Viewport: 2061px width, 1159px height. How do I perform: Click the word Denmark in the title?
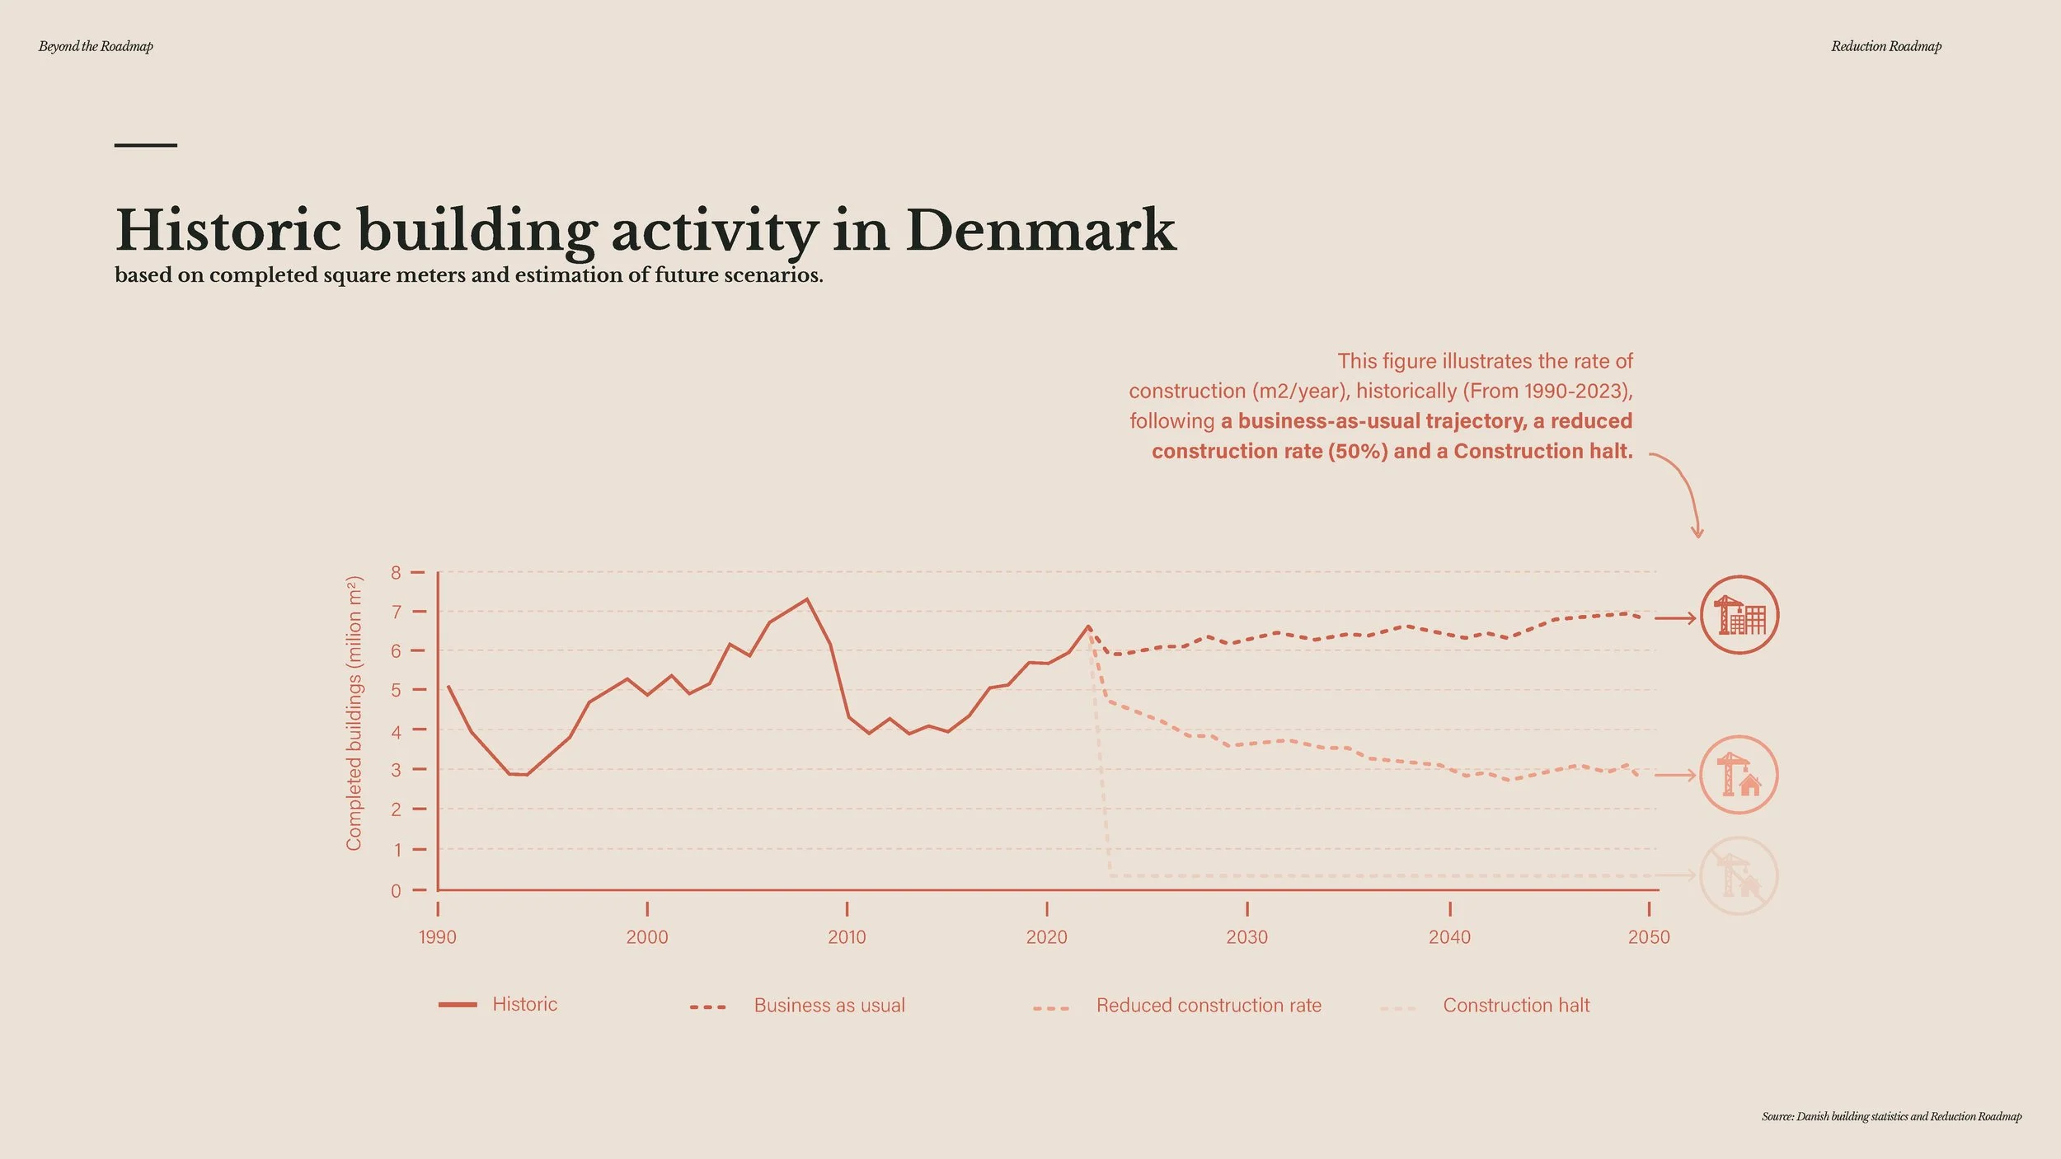tap(1041, 230)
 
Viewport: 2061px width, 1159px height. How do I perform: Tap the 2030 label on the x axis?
tap(1246, 937)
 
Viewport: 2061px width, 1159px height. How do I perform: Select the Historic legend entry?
tap(498, 1005)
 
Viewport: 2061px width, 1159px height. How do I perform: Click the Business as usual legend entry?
tap(797, 1006)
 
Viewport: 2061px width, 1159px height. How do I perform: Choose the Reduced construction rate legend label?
tap(1209, 1006)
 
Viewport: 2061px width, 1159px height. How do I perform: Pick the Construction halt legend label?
tap(1516, 1006)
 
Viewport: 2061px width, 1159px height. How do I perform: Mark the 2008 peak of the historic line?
tap(806, 599)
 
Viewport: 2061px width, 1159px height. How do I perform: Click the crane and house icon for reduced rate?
tap(1739, 775)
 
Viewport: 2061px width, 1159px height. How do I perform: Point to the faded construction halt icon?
tap(1739, 876)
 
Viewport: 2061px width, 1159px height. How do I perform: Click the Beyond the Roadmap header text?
tap(96, 47)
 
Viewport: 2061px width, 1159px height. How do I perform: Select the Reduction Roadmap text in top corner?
tap(1886, 47)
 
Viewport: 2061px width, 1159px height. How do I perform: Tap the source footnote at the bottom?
tap(1892, 1117)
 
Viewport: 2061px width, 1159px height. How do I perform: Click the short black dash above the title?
tap(146, 145)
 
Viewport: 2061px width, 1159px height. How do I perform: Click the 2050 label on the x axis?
tap(1649, 937)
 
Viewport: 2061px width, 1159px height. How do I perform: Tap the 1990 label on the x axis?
tap(437, 937)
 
